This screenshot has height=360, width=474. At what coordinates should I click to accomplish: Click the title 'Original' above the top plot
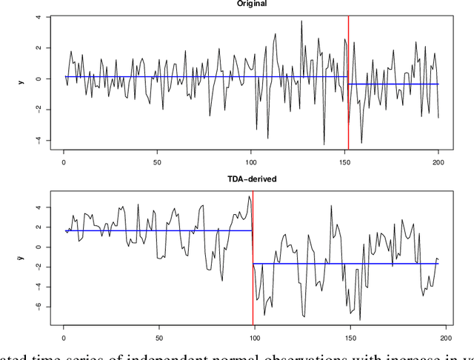tap(252, 3)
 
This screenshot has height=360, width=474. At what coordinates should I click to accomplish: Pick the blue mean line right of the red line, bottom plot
tap(348, 264)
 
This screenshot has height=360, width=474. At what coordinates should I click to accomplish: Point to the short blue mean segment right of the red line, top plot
tap(393, 84)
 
